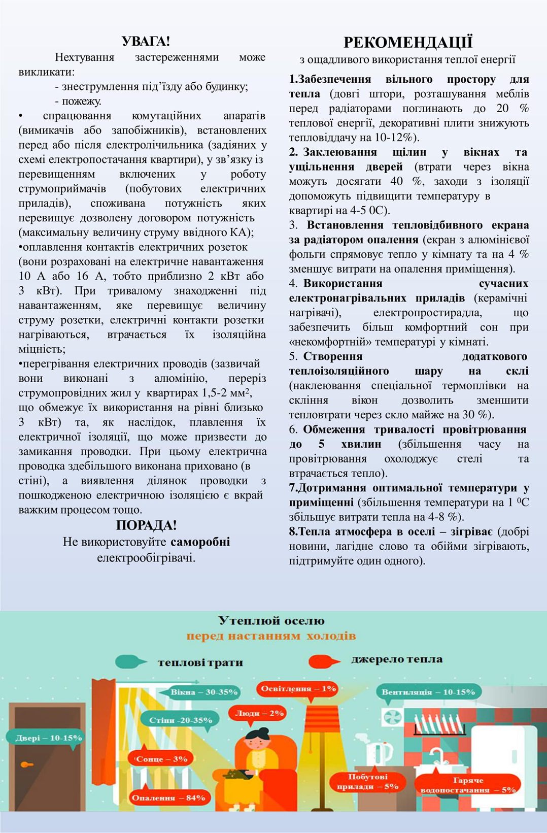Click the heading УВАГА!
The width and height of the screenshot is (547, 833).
[x=146, y=41]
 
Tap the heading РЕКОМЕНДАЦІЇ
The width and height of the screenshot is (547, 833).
[x=408, y=42]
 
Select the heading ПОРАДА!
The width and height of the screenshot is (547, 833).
[x=146, y=525]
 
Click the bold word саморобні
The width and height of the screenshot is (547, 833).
[x=200, y=542]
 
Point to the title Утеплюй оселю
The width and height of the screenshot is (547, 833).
[x=271, y=620]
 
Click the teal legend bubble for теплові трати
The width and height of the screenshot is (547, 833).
[x=130, y=661]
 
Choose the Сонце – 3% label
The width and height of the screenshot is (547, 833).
[x=162, y=759]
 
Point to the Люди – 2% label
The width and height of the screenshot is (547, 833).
[x=259, y=713]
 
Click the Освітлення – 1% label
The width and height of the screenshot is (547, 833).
[x=298, y=689]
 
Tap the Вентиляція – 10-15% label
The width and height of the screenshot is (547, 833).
[x=428, y=692]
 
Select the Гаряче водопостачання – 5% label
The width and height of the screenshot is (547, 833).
[x=468, y=785]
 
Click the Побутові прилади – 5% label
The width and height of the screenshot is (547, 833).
[x=367, y=782]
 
